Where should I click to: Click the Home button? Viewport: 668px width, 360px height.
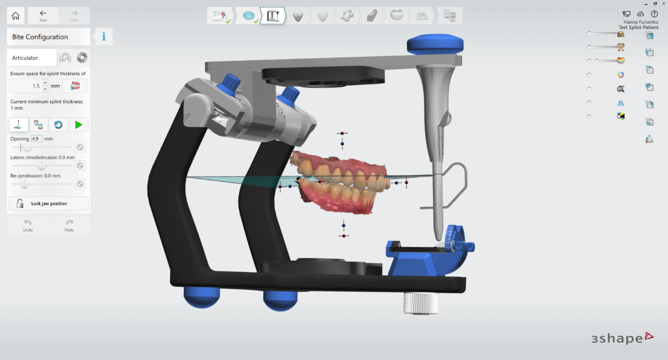[x=15, y=15]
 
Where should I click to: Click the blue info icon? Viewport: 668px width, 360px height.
[x=104, y=37]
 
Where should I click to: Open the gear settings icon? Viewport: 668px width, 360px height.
[x=82, y=57]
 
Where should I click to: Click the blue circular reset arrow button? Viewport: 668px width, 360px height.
[x=58, y=125]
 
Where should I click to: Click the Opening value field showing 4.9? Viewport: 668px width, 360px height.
[x=36, y=139]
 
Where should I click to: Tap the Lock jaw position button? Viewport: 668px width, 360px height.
[x=49, y=203]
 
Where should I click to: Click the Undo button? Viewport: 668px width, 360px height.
[x=28, y=226]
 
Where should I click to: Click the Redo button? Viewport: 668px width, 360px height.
[x=69, y=226]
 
